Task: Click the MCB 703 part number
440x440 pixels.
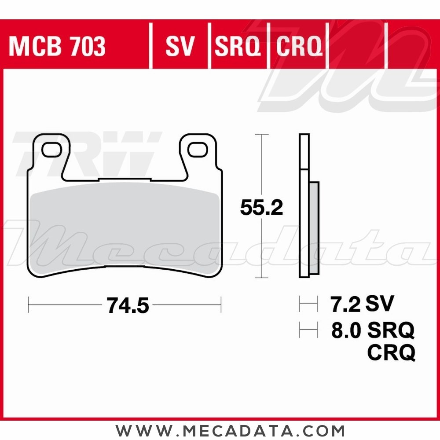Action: click(x=57, y=47)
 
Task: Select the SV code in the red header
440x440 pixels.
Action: click(x=180, y=47)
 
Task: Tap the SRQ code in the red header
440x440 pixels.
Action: click(x=237, y=47)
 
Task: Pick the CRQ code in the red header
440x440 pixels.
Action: click(x=299, y=47)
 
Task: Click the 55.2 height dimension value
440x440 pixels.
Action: click(x=261, y=208)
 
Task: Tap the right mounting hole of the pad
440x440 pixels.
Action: click(x=198, y=149)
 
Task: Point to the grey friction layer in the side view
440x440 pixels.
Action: click(x=314, y=229)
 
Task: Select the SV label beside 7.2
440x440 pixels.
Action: click(x=380, y=304)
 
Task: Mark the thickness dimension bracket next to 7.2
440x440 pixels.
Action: click(x=308, y=304)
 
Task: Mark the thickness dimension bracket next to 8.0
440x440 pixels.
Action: click(x=308, y=330)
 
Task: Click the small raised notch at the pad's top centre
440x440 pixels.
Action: click(x=125, y=179)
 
